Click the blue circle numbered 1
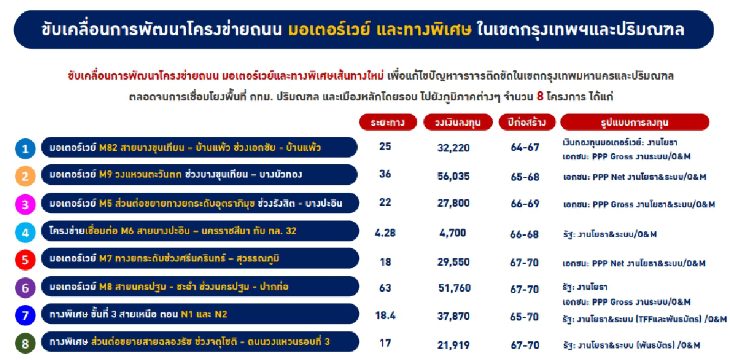25,148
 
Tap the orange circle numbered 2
25,176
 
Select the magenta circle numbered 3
25,204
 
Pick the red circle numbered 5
25,260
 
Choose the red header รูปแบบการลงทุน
634,122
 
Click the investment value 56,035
454,176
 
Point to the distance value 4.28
385,231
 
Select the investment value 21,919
454,345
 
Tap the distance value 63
385,287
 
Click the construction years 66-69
525,204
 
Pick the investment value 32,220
454,148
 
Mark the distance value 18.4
385,316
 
